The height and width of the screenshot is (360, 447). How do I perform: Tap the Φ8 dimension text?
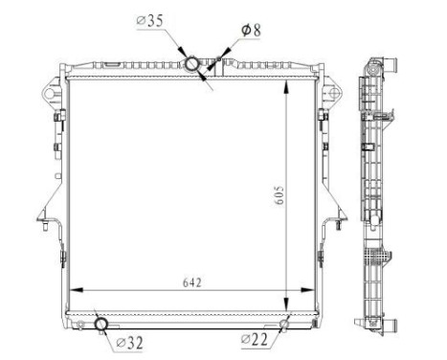coord(251,30)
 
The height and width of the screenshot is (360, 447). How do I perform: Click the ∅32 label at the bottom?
coord(130,341)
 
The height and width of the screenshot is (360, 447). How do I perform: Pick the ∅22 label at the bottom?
coord(256,339)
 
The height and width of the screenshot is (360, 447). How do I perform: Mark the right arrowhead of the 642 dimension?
coord(313,291)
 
